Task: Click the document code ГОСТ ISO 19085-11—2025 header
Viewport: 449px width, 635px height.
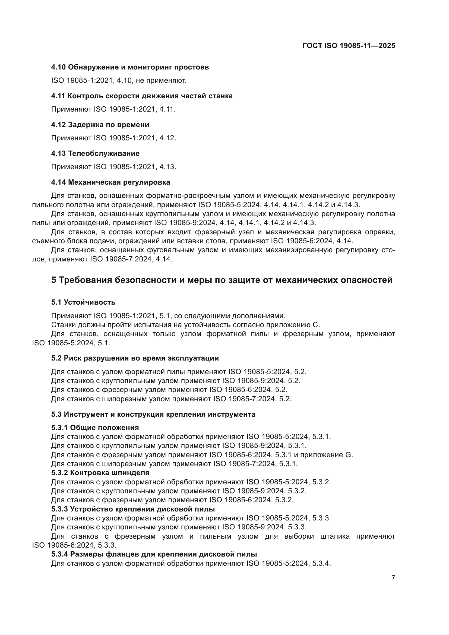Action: click(x=349, y=46)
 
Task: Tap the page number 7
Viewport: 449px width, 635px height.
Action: click(x=393, y=577)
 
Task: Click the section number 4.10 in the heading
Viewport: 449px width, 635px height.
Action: click(x=58, y=67)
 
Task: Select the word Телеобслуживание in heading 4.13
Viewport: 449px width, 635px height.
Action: click(x=104, y=153)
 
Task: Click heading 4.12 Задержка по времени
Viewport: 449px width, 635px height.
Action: click(x=100, y=125)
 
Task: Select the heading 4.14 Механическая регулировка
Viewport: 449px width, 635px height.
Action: click(x=110, y=182)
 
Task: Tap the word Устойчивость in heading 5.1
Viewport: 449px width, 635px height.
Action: click(x=90, y=302)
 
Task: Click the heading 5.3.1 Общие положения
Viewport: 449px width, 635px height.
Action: click(x=95, y=428)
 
